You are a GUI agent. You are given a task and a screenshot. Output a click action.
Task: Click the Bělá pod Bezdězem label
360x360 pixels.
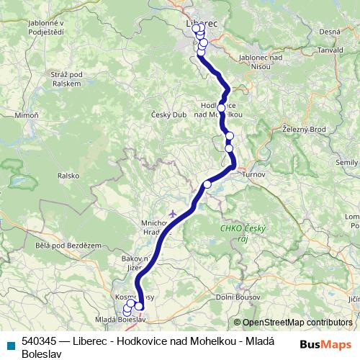pos(68,246)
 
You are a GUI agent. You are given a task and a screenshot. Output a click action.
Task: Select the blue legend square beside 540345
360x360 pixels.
pos(11,344)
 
